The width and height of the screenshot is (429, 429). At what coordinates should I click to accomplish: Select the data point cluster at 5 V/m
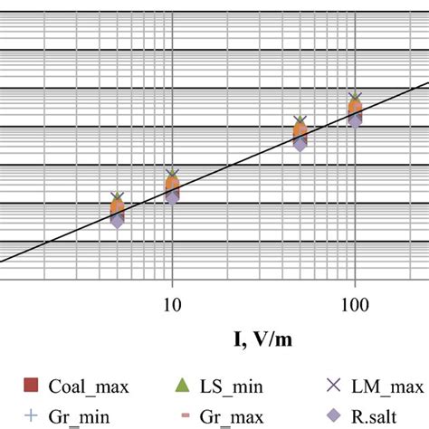point(117,209)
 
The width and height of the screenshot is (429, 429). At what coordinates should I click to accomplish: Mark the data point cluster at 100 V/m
point(355,111)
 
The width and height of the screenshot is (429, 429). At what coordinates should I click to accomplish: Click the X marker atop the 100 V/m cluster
point(355,97)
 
